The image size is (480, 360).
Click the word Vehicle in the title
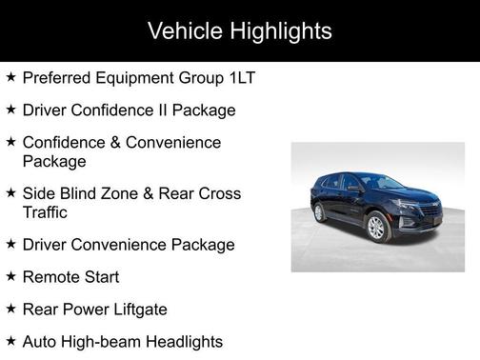pos(182,31)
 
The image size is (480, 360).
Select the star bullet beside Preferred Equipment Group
pos(10,76)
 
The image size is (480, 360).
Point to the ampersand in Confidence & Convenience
pos(119,142)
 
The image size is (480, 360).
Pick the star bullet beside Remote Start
pos(10,276)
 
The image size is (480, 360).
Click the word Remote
pos(53,277)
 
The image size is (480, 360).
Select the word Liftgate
pos(135,310)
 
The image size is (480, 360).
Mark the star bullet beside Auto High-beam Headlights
pos(10,340)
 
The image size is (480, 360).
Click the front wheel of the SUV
pos(377,227)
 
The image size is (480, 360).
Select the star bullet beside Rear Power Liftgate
pos(10,309)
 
